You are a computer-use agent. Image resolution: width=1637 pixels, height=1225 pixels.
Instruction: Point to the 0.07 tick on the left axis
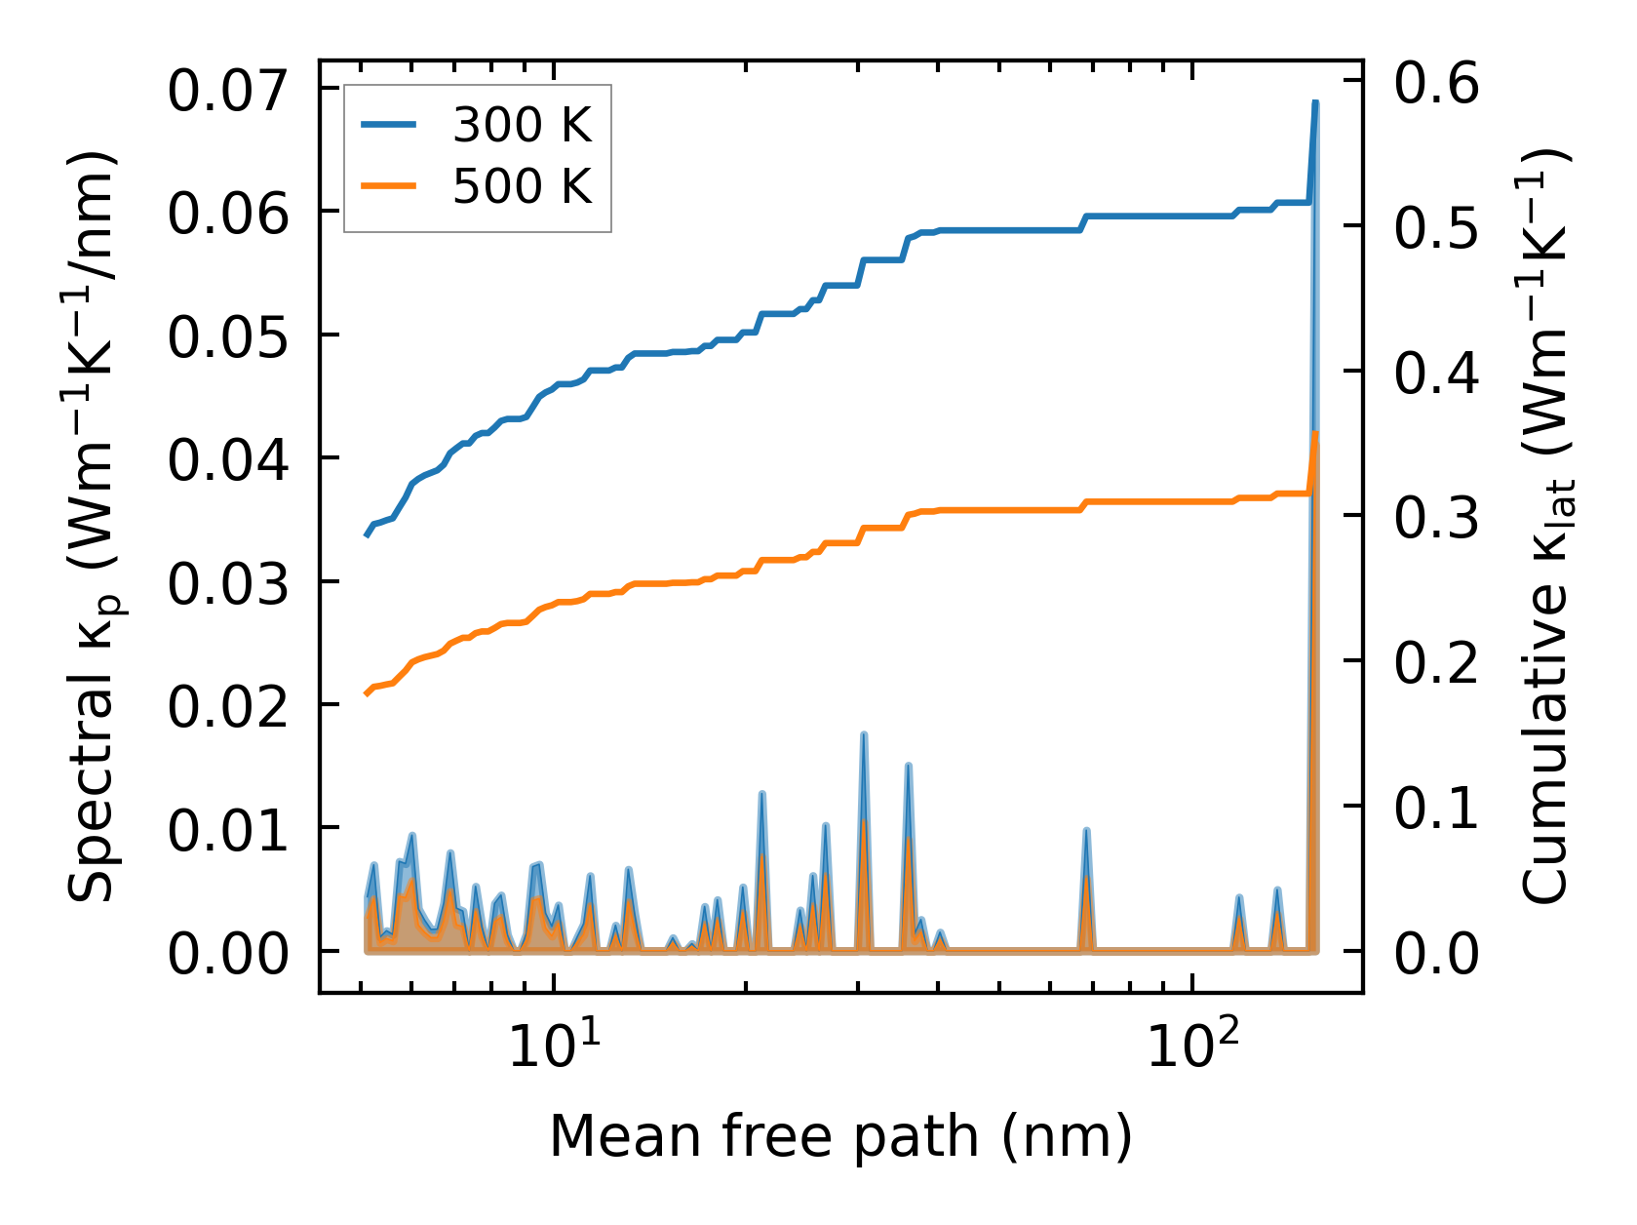pos(228,92)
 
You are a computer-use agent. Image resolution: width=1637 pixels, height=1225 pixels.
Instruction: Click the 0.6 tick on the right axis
pos(1436,83)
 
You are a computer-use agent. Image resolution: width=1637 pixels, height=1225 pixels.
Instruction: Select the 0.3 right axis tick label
pos(1436,517)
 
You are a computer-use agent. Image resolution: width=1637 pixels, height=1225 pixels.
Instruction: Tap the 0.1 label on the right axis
pos(1436,808)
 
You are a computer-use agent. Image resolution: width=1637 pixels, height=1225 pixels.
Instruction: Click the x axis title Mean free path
pos(840,1136)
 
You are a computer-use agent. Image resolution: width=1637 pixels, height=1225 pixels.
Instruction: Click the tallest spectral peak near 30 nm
pos(864,734)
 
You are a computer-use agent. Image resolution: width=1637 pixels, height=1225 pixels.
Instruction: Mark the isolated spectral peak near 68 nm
pos(1085,831)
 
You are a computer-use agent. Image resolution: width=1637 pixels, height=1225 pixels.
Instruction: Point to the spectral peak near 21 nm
pos(762,794)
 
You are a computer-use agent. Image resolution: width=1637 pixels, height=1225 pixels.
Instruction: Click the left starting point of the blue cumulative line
pos(367,535)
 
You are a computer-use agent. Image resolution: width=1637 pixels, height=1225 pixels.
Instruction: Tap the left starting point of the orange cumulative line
pos(367,693)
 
